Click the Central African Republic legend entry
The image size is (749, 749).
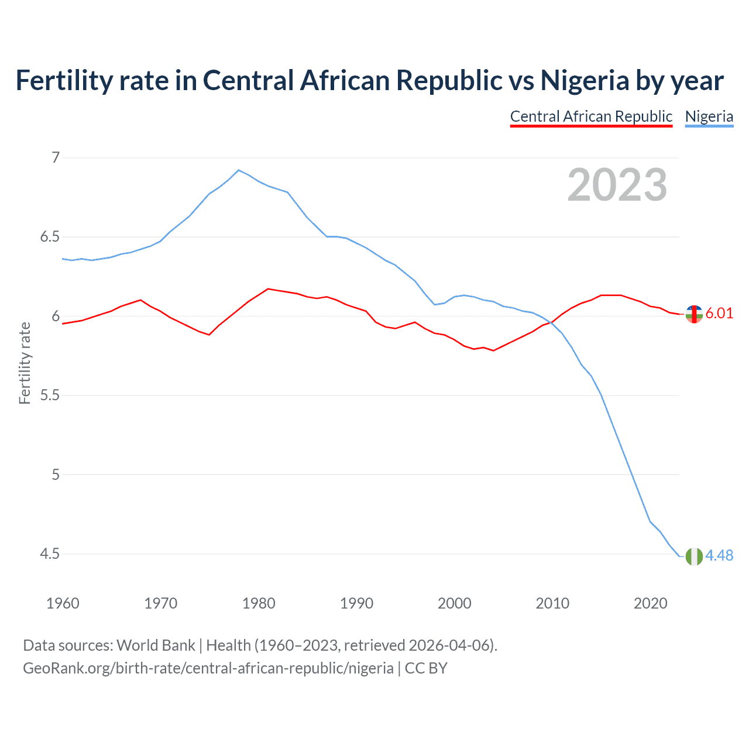pos(591,116)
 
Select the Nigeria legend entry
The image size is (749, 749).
pos(709,116)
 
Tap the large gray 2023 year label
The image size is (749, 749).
pos(617,185)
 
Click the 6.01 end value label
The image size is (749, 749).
pos(719,313)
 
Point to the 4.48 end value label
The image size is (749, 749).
pos(719,555)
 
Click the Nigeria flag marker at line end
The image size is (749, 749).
pos(694,556)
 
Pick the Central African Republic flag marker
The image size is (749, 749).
pos(694,314)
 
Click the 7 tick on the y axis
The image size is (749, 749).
pos(56,157)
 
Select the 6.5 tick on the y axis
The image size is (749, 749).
pos(50,237)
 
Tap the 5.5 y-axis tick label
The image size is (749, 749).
pos(50,396)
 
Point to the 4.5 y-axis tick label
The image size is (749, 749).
pos(50,554)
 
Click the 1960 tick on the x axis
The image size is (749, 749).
pos(63,603)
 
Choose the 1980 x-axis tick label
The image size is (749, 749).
pos(259,603)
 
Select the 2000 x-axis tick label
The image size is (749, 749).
pos(455,603)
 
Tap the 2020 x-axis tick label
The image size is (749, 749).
pos(650,603)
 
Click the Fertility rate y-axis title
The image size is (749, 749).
pos(25,363)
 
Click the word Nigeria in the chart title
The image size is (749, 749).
pos(585,80)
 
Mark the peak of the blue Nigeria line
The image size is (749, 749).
pos(238,170)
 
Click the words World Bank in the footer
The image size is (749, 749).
pos(156,645)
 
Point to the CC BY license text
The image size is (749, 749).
pos(426,668)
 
